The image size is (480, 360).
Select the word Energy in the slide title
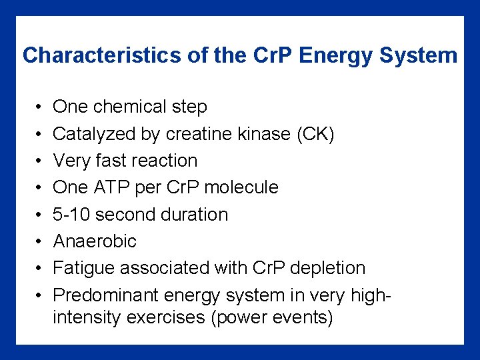(x=336, y=55)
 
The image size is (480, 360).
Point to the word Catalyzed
(x=94, y=134)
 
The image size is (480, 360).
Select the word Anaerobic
(x=94, y=241)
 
